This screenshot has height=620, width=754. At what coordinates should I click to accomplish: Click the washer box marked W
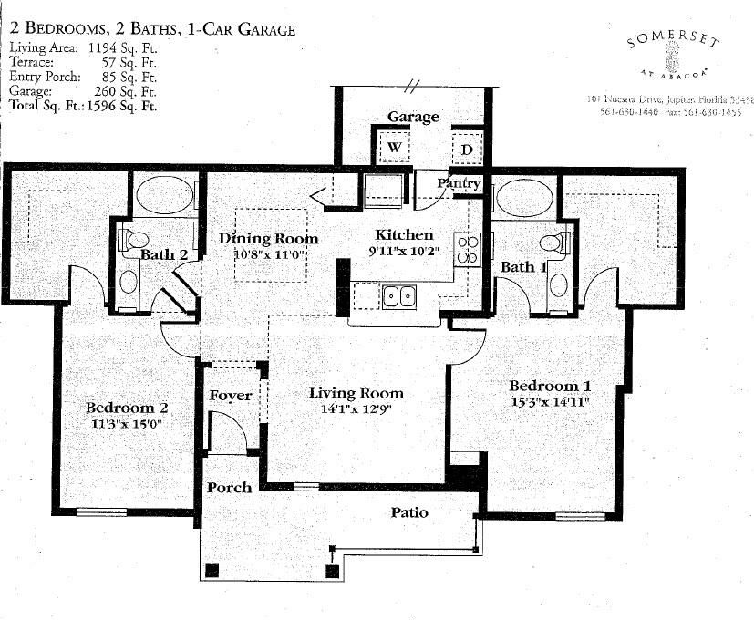tap(396, 148)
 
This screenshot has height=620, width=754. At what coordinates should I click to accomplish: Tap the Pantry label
tap(458, 183)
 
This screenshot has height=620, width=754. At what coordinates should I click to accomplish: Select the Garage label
tap(413, 117)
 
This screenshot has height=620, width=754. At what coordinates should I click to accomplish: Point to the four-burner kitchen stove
tap(468, 249)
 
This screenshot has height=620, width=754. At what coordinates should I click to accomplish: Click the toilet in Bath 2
tap(132, 241)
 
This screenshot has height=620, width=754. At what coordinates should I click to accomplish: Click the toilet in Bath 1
tap(553, 243)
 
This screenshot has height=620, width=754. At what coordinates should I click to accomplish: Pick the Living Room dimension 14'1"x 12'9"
tap(356, 409)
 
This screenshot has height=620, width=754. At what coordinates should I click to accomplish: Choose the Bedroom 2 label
tap(127, 408)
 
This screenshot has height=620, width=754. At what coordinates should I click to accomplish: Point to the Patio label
tap(409, 512)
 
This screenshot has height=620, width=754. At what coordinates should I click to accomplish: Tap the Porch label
tap(229, 487)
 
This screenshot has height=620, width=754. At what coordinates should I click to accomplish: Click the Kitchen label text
tap(404, 235)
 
